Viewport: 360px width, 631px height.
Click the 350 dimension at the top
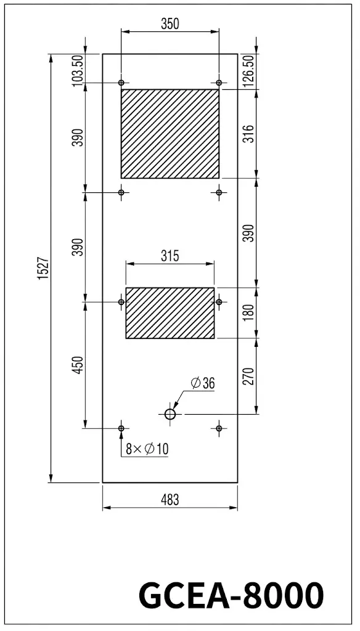click(x=170, y=24)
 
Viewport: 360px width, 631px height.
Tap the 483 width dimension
click(x=170, y=500)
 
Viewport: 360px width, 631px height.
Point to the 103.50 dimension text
click(x=77, y=69)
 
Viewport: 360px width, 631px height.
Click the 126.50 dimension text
click(x=249, y=71)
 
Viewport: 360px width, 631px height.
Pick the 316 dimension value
click(x=249, y=134)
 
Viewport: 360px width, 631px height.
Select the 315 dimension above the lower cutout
click(x=170, y=256)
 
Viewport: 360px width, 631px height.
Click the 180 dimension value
click(x=249, y=312)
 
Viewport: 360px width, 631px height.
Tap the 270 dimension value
click(x=249, y=377)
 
